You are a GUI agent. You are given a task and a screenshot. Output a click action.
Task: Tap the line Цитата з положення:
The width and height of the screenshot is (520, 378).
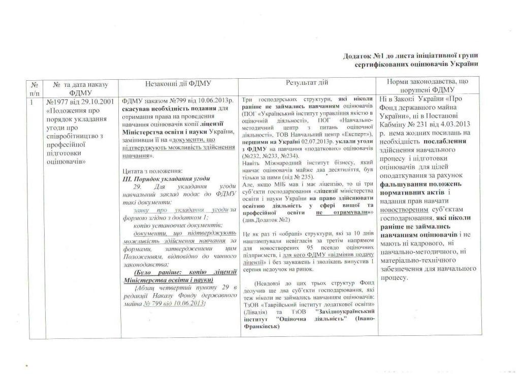(148, 171)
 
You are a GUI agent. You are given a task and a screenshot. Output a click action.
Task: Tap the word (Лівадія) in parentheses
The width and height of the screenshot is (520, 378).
(254, 311)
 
